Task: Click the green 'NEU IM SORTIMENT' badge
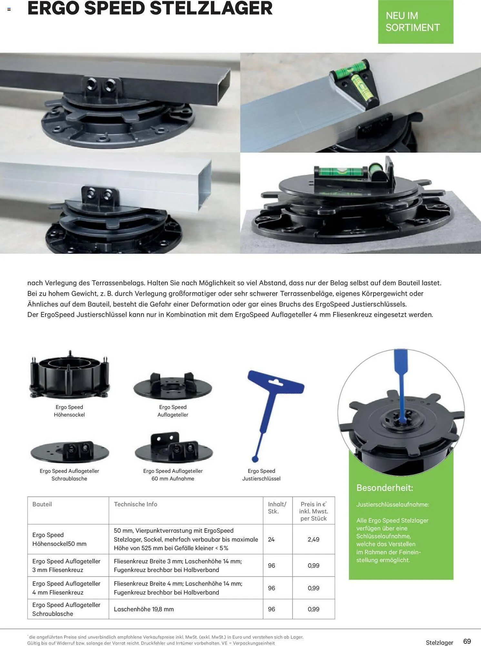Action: coord(416,22)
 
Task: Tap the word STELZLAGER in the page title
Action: coord(211,8)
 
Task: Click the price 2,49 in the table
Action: coord(313,539)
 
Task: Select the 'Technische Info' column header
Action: coord(135,504)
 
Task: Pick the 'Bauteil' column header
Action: coord(42,504)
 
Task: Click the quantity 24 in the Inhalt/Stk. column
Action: coord(271,539)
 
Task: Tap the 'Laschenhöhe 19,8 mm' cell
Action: coord(144,609)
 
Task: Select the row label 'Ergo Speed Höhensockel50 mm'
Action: coord(59,539)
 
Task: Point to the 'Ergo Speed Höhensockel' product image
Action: coord(69,375)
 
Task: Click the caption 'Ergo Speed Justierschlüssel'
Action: coord(261,475)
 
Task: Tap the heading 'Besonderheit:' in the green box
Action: coord(385,488)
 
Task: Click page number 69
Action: coord(467,641)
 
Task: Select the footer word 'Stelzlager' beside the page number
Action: coord(439,642)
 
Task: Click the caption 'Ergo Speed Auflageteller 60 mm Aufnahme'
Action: coord(173,475)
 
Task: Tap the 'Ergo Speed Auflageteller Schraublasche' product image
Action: coord(70,452)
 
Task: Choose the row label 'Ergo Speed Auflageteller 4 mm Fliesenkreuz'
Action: coord(66,588)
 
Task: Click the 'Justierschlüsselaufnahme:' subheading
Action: coord(393,505)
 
